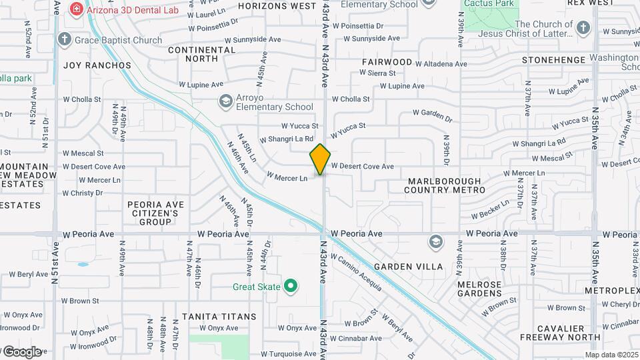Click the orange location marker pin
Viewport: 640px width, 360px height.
(320, 159)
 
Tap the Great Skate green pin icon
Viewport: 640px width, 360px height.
(290, 287)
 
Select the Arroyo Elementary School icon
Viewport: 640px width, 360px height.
(225, 101)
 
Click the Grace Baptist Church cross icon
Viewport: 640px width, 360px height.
(65, 39)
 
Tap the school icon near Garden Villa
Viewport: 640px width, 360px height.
(436, 241)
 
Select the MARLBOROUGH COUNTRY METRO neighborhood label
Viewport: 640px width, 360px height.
(445, 185)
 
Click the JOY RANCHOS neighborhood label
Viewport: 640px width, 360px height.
(97, 65)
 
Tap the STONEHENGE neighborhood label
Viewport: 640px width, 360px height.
(553, 60)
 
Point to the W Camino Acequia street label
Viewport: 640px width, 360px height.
(356, 273)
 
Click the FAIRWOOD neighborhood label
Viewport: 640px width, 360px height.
(387, 61)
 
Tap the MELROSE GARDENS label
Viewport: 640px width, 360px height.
(479, 289)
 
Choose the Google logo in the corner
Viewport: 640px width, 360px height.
(21, 351)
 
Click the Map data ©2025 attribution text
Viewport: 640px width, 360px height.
(611, 355)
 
